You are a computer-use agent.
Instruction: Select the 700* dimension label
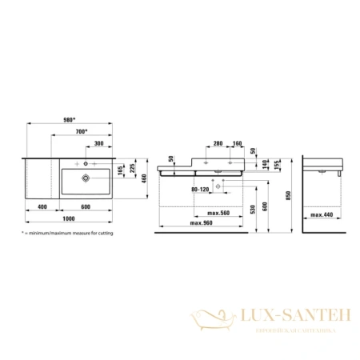pos(82,131)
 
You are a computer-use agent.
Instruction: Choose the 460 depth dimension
pos(145,177)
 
